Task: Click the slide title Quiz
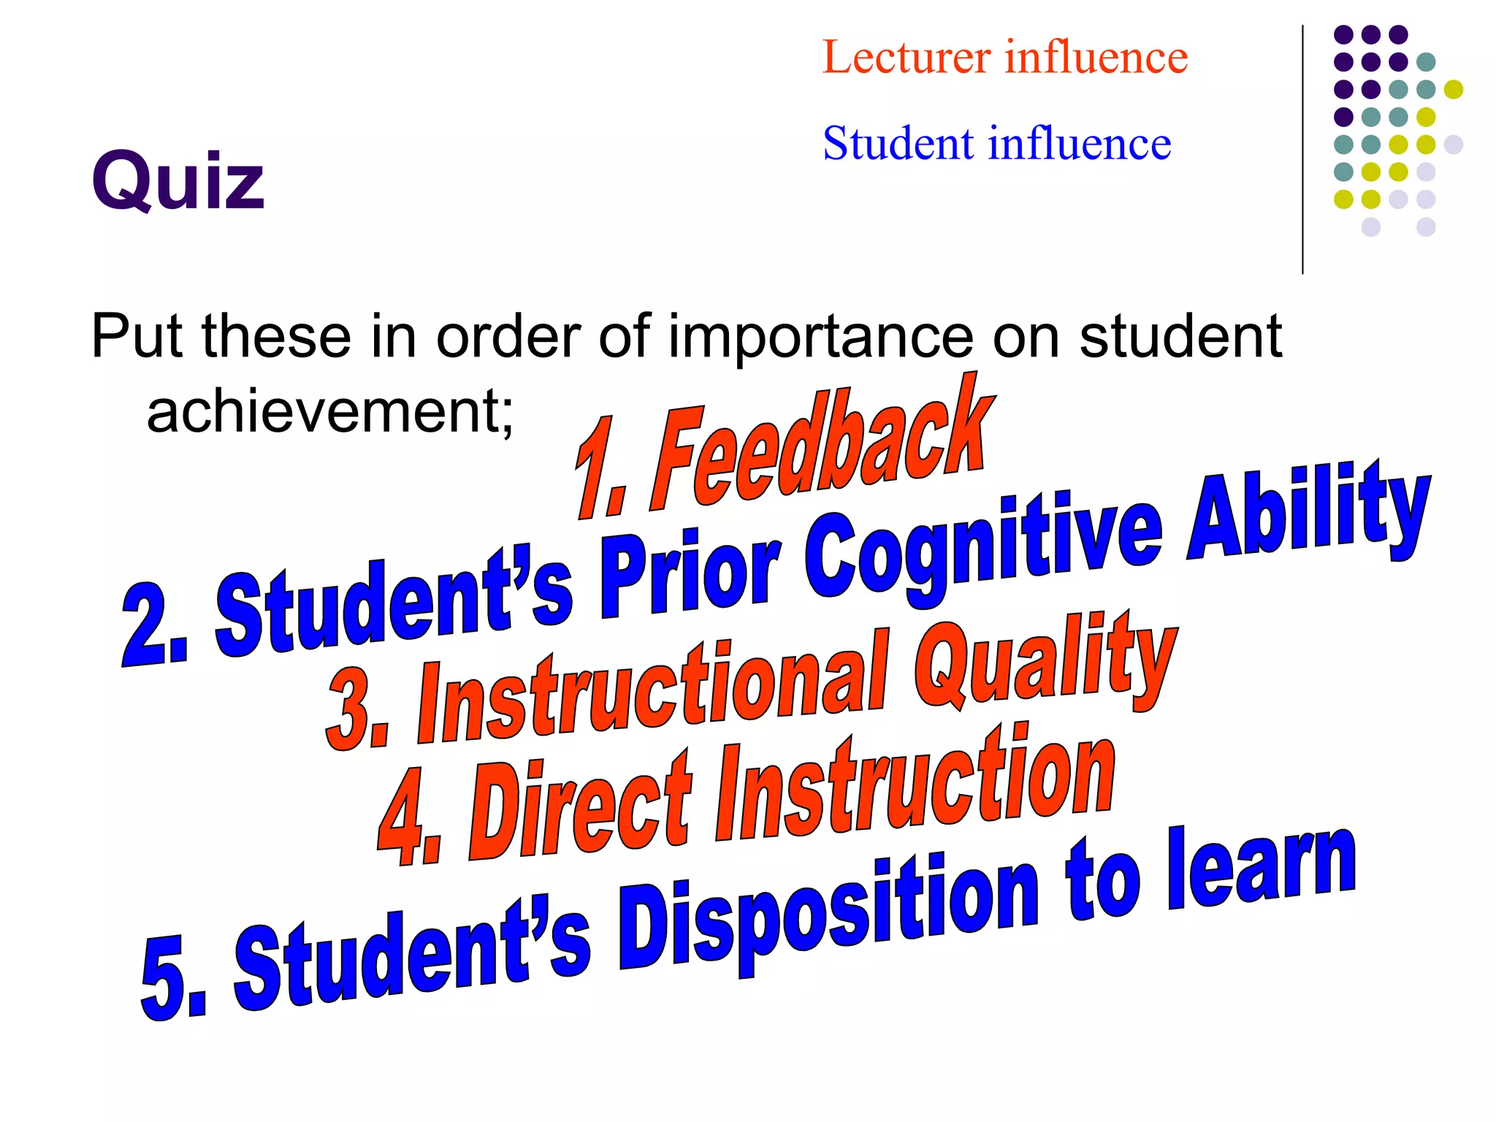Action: pos(178,180)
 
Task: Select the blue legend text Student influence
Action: pos(996,143)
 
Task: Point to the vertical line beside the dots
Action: pos(1302,150)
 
